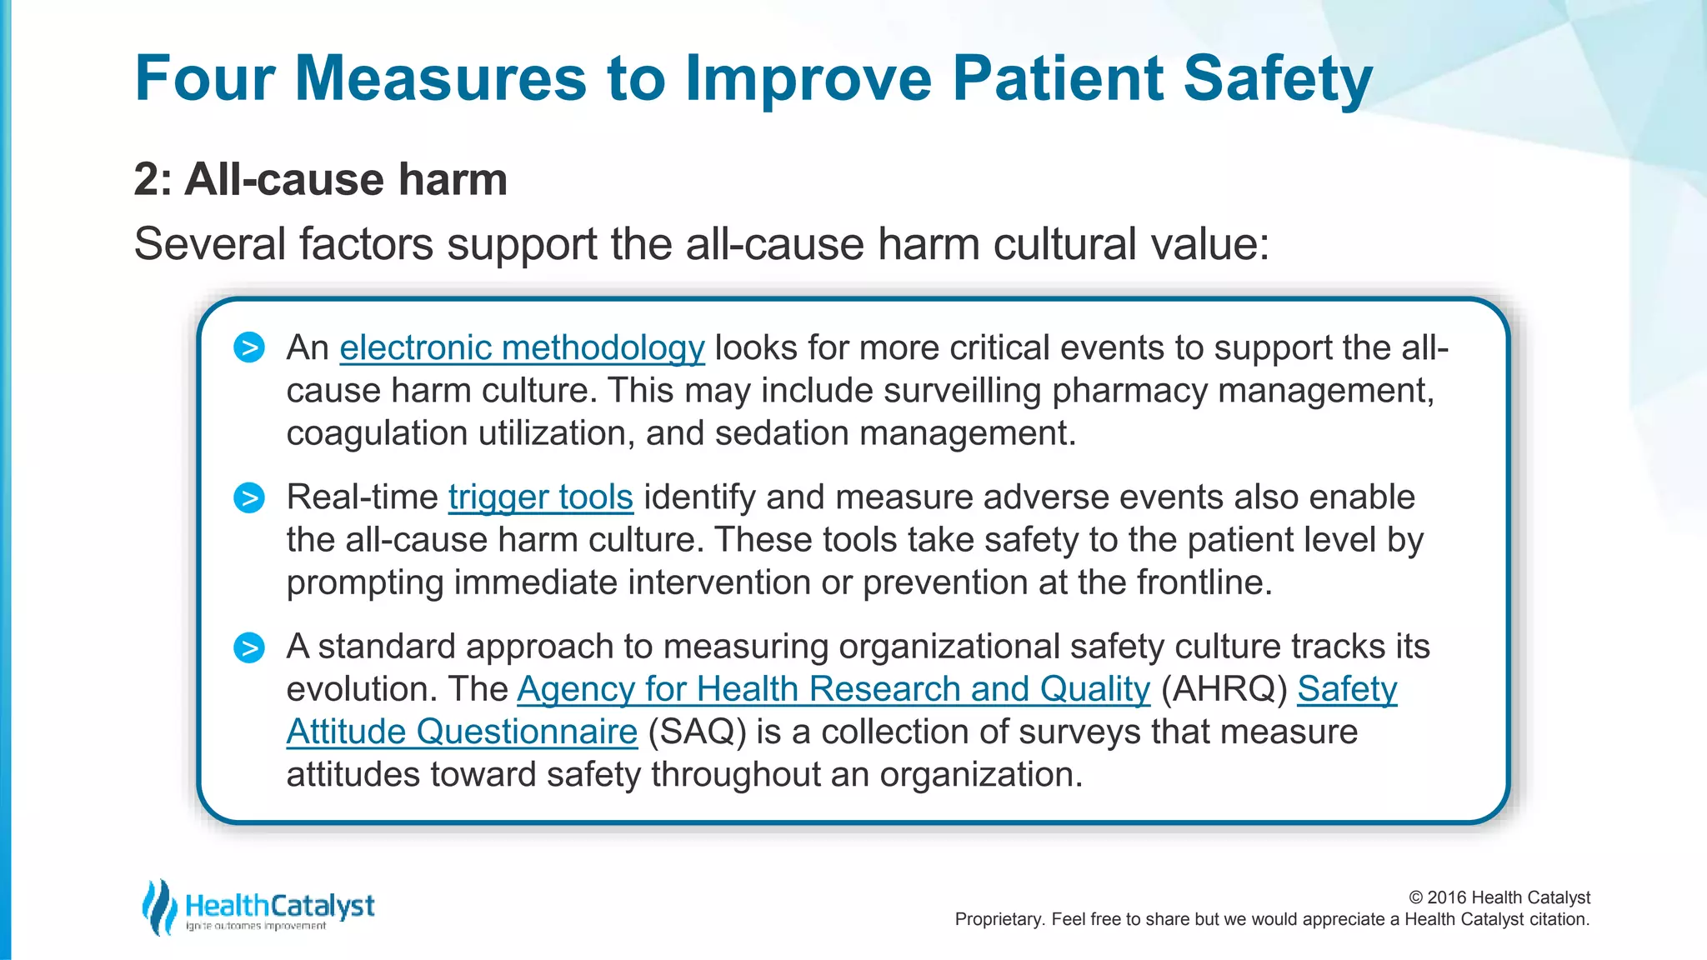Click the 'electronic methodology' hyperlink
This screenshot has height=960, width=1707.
point(522,347)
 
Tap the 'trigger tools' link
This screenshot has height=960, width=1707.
point(540,497)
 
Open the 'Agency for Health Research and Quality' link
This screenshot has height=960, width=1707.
point(833,689)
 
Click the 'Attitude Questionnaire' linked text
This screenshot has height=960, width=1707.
point(462,732)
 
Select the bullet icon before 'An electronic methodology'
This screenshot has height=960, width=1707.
point(249,347)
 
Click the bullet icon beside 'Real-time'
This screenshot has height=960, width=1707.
point(249,497)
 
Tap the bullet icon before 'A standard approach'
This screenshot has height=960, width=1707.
point(249,647)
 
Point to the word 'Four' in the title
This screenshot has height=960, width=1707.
point(204,78)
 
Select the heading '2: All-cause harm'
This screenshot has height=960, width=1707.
point(320,179)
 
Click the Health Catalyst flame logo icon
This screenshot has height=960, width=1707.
point(158,907)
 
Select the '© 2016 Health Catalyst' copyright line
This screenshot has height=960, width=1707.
point(1499,897)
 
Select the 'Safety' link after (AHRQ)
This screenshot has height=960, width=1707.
point(1347,689)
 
